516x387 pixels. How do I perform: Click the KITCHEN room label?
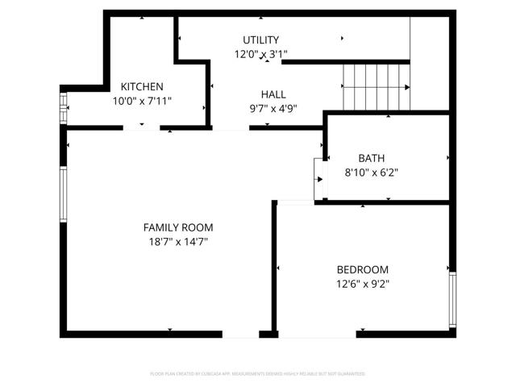pos(142,87)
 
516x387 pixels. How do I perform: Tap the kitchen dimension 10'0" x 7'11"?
pos(142,102)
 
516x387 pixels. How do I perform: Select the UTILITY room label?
pos(260,40)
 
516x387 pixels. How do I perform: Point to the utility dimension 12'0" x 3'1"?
pos(260,54)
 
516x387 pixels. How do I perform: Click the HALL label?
pos(273,94)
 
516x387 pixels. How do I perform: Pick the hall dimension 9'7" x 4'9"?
pos(273,109)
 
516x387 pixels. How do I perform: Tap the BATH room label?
pos(372,157)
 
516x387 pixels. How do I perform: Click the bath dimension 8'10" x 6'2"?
pos(372,172)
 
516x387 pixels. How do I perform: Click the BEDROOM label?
pos(362,269)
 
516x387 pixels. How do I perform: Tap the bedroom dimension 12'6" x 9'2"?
pos(362,284)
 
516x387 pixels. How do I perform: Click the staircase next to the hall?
pos(376,87)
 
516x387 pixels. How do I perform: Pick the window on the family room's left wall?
pos(63,194)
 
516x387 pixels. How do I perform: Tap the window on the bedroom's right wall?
pos(452,298)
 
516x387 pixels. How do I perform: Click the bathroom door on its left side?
pos(319,179)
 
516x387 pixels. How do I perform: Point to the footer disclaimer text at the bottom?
pos(258,374)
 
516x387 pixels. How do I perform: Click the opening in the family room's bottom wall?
pos(240,333)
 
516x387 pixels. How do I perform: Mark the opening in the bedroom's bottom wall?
pos(316,333)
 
